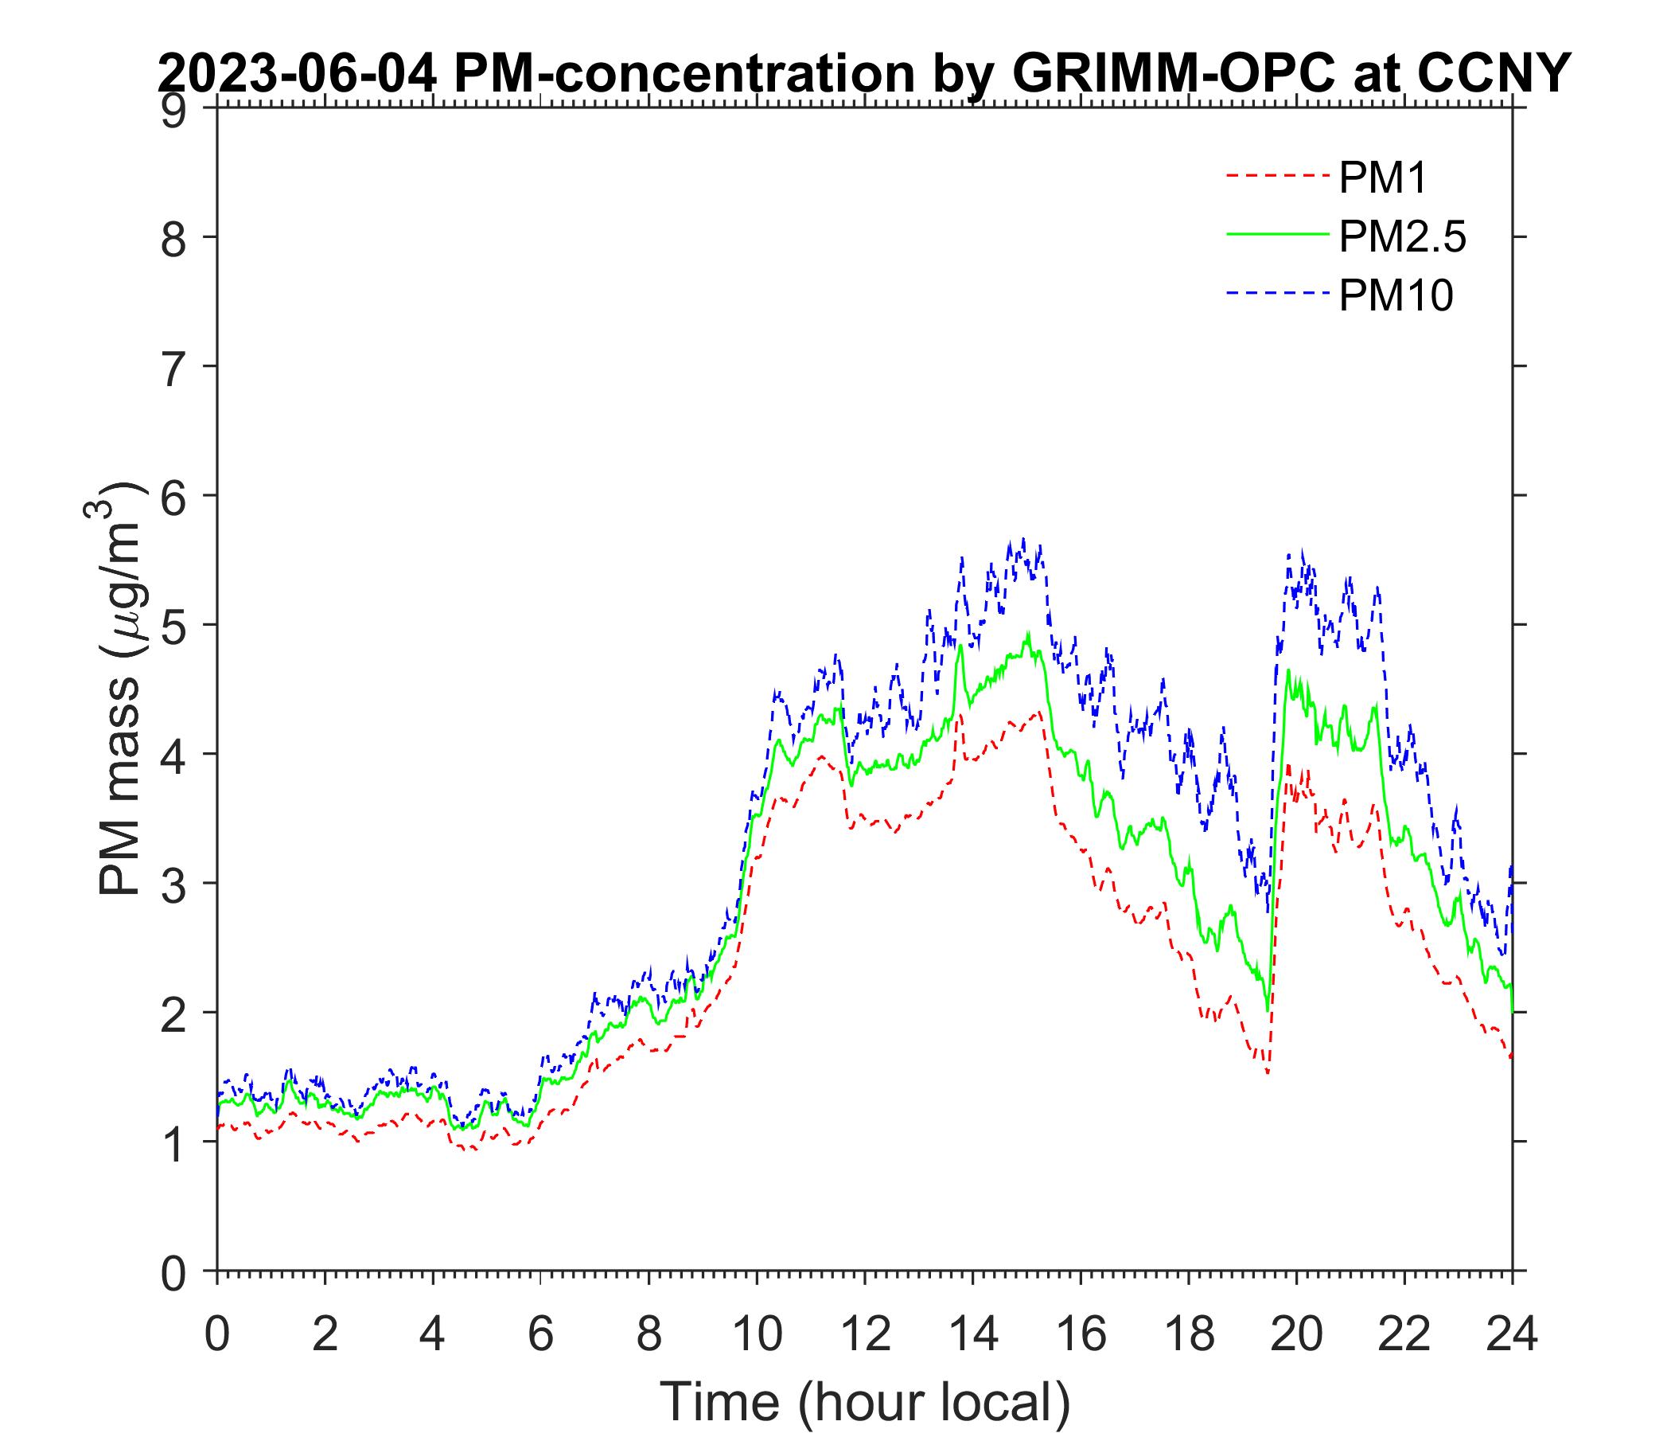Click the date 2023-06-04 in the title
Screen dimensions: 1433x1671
[x=298, y=74]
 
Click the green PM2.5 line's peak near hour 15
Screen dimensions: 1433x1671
[x=1028, y=635]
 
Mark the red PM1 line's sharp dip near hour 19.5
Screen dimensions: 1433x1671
[x=1268, y=1073]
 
